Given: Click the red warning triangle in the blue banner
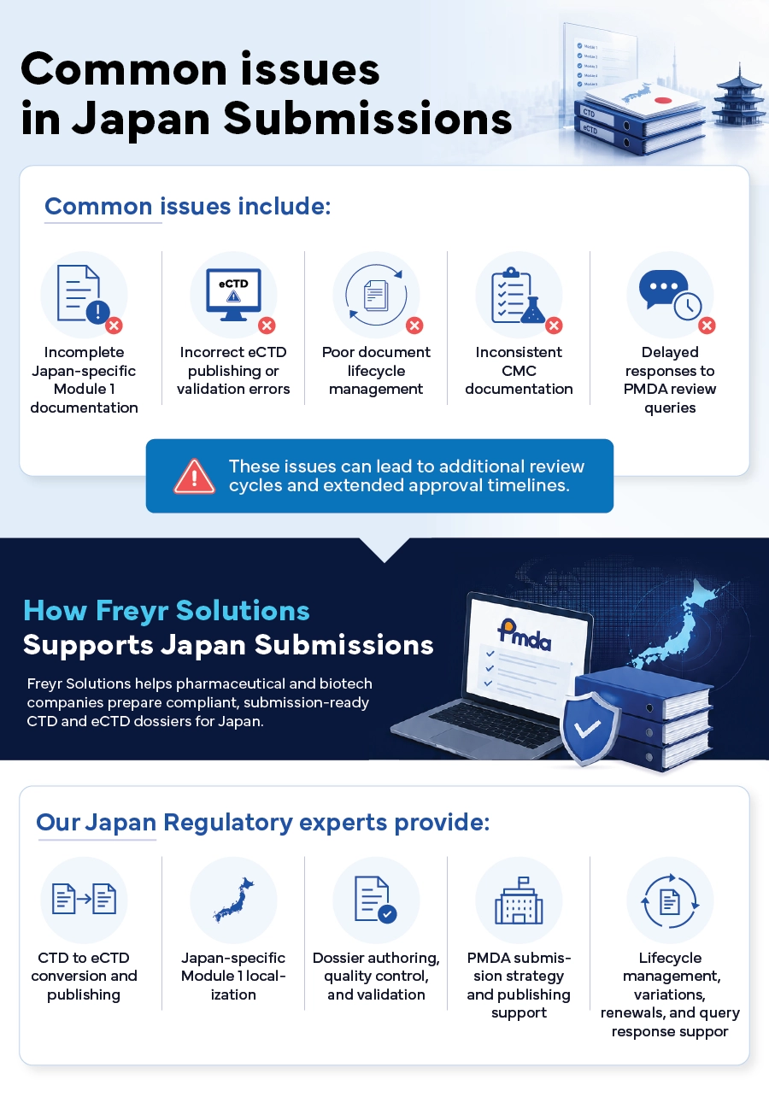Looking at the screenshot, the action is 194,476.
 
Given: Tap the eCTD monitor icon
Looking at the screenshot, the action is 233,295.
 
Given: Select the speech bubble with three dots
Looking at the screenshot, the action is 663,289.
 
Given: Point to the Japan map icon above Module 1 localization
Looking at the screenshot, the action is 233,900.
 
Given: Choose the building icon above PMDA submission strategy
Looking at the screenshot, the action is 519,900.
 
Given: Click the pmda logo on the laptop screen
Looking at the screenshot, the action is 524,634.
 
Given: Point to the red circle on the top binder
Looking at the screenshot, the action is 663,101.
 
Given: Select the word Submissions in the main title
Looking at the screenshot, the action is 368,119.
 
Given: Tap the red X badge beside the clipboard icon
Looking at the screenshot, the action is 554,326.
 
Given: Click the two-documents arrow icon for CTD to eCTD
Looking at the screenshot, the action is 84,899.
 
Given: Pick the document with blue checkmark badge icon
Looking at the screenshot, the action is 376,900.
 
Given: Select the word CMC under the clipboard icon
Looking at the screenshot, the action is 519,371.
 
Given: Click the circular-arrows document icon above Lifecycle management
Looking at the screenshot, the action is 670,901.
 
